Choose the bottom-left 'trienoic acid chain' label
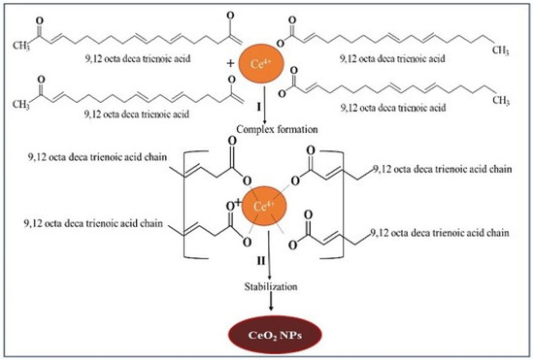(72, 226)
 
